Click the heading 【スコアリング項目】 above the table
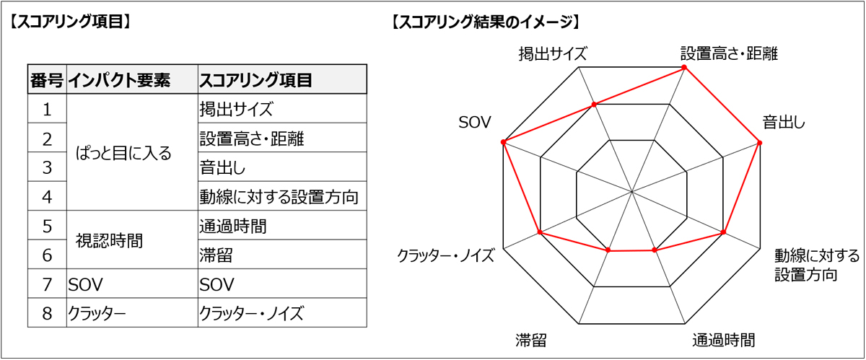70,22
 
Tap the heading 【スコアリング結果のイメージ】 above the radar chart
486,22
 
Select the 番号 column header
47,80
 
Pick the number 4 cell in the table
47,197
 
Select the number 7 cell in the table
47,284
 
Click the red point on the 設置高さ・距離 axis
684,68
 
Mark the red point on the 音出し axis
759,143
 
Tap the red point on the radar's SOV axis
504,142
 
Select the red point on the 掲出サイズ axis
595,105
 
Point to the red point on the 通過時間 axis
655,250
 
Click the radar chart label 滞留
531,341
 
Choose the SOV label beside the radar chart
475,123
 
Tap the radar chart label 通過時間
724,341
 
